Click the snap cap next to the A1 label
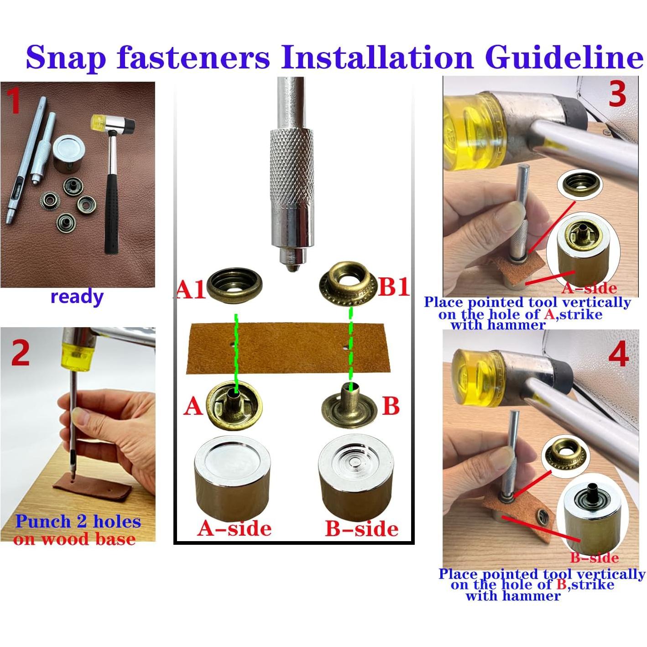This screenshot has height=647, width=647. [x=235, y=285]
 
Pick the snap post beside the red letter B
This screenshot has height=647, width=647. [x=348, y=407]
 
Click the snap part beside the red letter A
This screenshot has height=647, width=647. [x=234, y=406]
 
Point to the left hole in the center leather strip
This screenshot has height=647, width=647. [x=232, y=344]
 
